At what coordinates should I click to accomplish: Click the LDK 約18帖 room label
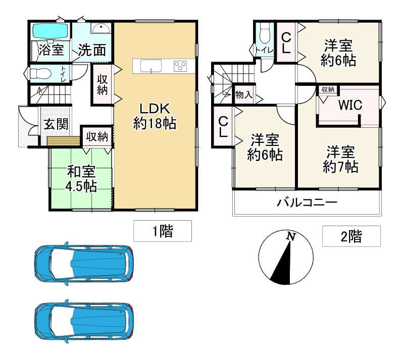pyautogui.click(x=155, y=116)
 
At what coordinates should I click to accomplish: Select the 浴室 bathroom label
pyautogui.click(x=51, y=50)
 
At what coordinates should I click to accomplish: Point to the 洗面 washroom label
pyautogui.click(x=92, y=50)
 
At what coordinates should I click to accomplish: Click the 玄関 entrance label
pyautogui.click(x=56, y=124)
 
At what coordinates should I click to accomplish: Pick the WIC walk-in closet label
pyautogui.click(x=350, y=106)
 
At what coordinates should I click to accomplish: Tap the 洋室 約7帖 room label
pyautogui.click(x=340, y=159)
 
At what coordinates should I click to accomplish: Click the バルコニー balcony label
pyautogui.click(x=307, y=203)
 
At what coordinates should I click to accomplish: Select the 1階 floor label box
pyautogui.click(x=163, y=232)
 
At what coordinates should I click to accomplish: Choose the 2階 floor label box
pyautogui.click(x=351, y=236)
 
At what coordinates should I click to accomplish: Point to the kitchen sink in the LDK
pyautogui.click(x=150, y=66)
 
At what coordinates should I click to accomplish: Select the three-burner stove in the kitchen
pyautogui.click(x=180, y=66)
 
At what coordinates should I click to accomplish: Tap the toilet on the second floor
pyautogui.click(x=263, y=36)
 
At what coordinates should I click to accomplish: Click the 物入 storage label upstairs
pyautogui.click(x=244, y=94)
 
